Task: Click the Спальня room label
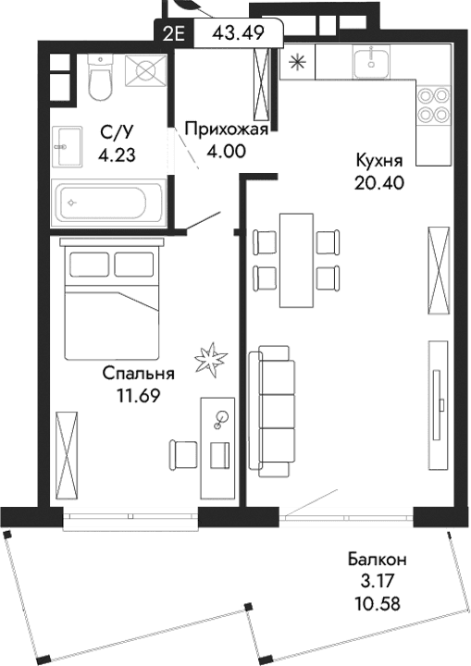click(x=138, y=375)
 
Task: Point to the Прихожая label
click(x=226, y=129)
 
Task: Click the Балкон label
click(x=378, y=560)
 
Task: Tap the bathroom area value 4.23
click(x=117, y=155)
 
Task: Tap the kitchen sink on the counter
click(x=374, y=61)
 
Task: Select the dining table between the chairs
click(x=296, y=259)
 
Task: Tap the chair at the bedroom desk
click(x=183, y=454)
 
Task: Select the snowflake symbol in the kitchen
click(x=297, y=64)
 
